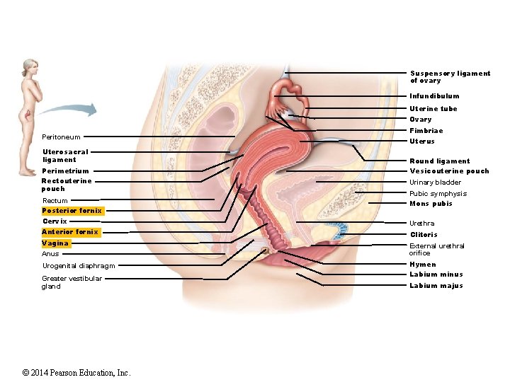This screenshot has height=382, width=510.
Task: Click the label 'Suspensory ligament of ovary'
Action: point(450,76)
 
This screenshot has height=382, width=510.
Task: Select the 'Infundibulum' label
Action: point(434,96)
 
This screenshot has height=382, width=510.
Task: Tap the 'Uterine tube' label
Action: point(433,109)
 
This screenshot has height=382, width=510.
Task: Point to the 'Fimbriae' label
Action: point(426,131)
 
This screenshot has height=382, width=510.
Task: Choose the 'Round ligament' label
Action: point(439,161)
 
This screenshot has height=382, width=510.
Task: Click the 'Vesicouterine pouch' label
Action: point(449,171)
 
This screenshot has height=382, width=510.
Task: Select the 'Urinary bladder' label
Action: point(435,183)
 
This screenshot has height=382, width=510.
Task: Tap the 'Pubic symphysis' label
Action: point(438,194)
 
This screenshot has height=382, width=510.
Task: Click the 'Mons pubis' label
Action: point(431,204)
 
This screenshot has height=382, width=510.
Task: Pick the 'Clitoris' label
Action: point(424,235)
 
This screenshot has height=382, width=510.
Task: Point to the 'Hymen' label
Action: point(423,265)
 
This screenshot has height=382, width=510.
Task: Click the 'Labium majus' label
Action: point(436,286)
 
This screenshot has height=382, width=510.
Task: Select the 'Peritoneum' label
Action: point(61,137)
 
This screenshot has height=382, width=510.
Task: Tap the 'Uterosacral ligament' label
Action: point(65,156)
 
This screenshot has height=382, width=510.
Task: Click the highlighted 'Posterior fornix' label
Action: point(72,211)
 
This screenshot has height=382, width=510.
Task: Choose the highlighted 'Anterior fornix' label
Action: point(70,232)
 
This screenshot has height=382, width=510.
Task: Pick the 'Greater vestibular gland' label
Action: point(72,282)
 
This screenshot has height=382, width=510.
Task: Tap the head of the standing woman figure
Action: point(28,67)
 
